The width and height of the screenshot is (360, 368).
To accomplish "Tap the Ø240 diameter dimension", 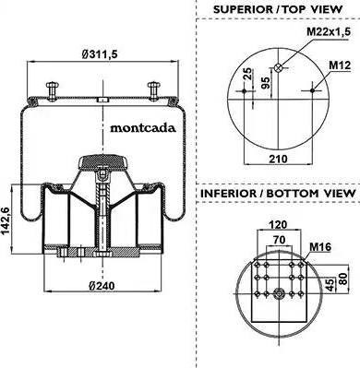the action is (x=102, y=286).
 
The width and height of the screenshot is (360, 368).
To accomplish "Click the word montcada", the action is (x=143, y=127).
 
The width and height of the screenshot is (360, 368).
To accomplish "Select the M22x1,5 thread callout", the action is (x=329, y=31).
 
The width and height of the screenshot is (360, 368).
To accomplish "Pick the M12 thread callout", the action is (x=340, y=65).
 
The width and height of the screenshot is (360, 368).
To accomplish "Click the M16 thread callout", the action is (x=320, y=246).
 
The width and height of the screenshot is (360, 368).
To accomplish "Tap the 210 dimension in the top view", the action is (x=279, y=159).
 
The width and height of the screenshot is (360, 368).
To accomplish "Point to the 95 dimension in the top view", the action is (x=266, y=82).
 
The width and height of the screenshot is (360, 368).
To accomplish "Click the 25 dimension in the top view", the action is (x=248, y=74).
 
